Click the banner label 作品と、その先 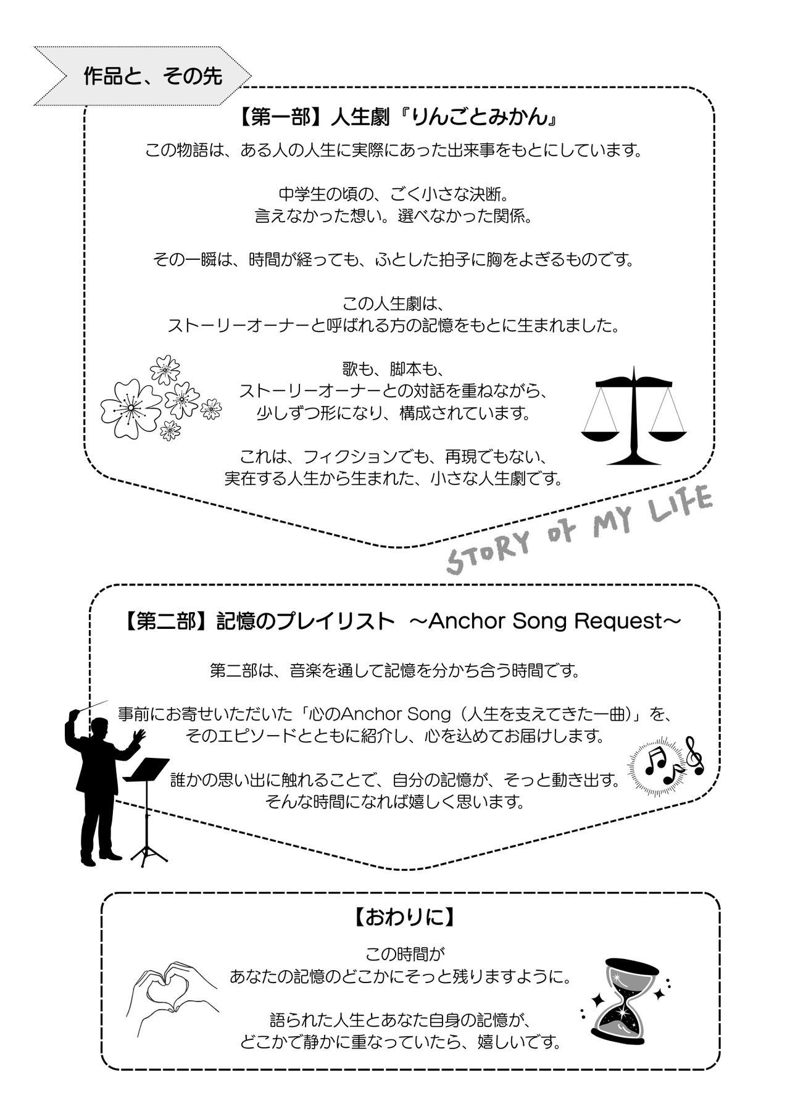tap(152, 76)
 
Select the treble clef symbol tap(695, 755)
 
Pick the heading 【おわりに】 tap(405, 917)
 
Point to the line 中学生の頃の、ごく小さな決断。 tap(393, 195)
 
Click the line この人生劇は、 tap(393, 304)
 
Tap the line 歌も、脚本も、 tap(393, 369)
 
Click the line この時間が tap(404, 954)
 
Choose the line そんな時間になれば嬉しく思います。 tap(394, 802)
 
